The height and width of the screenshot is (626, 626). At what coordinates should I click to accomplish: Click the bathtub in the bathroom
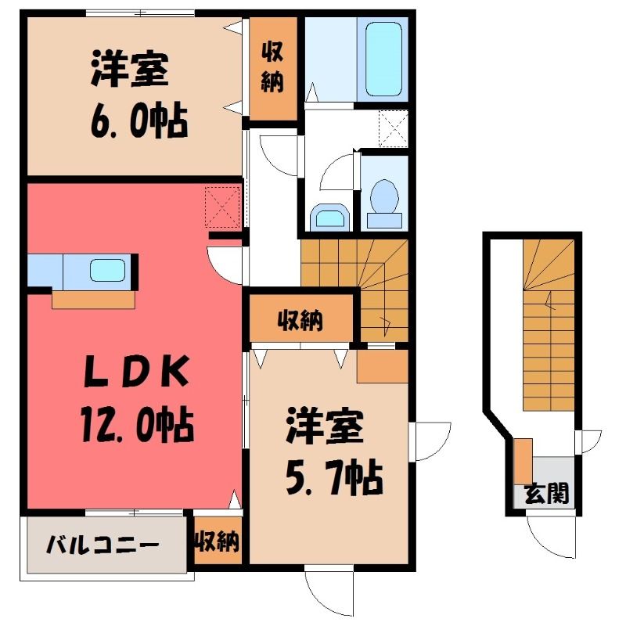(x=383, y=59)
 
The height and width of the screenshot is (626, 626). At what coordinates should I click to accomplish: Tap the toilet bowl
(x=384, y=196)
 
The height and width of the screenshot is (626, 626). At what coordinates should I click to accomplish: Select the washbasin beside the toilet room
(x=329, y=218)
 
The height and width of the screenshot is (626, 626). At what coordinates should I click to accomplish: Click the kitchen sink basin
(x=107, y=270)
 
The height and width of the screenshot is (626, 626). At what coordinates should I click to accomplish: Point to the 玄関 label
(x=546, y=494)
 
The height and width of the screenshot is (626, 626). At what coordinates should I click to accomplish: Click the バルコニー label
(x=103, y=544)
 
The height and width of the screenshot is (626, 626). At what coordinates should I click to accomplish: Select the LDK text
(x=136, y=372)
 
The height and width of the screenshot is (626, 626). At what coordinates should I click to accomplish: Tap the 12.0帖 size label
(x=138, y=424)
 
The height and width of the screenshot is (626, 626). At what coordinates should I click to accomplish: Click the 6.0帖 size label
(x=139, y=120)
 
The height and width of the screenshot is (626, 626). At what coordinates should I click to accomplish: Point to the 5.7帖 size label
(x=335, y=478)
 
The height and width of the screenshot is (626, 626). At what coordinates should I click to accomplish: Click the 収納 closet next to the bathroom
(x=273, y=68)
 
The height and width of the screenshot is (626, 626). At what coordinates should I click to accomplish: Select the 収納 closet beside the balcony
(x=218, y=541)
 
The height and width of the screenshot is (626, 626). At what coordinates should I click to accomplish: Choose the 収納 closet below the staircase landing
(x=301, y=318)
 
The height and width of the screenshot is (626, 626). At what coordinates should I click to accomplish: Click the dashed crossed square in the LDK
(x=222, y=207)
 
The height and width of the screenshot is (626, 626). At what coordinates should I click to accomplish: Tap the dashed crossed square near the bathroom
(x=394, y=128)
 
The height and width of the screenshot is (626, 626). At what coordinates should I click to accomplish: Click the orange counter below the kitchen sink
(x=93, y=300)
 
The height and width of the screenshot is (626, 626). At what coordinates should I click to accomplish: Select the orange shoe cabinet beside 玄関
(x=523, y=461)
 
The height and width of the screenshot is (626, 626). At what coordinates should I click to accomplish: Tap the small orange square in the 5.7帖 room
(x=382, y=366)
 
